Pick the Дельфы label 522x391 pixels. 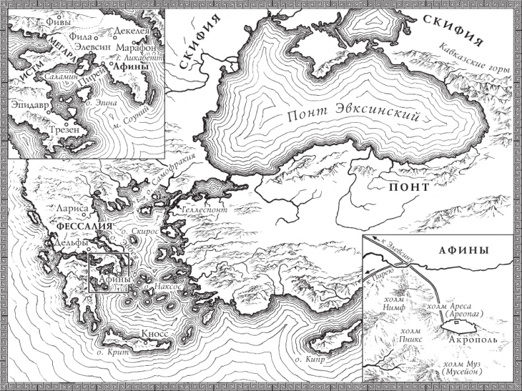click(x=67, y=242)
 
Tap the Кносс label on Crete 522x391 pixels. click(x=155, y=334)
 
